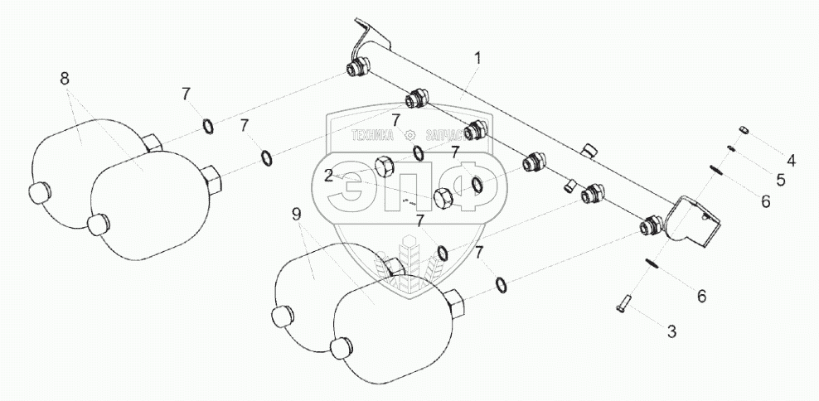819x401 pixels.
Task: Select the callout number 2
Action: pos(329,175)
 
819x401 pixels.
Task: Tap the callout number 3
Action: pos(672,331)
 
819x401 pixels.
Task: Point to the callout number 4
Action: pos(791,160)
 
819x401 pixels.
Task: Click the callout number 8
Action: pos(65,80)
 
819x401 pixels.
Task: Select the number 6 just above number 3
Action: pos(700,294)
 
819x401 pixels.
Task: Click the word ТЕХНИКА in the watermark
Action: pos(373,135)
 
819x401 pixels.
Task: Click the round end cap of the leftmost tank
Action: pos(41,193)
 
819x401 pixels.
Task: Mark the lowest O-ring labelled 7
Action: pos(502,286)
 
